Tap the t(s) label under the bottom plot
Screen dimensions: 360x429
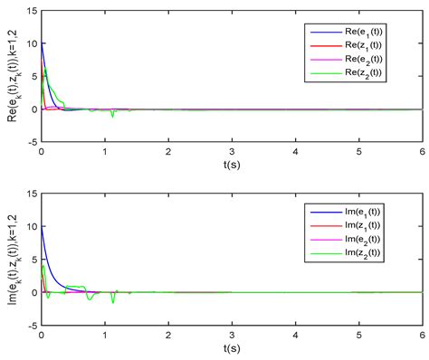[232, 349]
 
